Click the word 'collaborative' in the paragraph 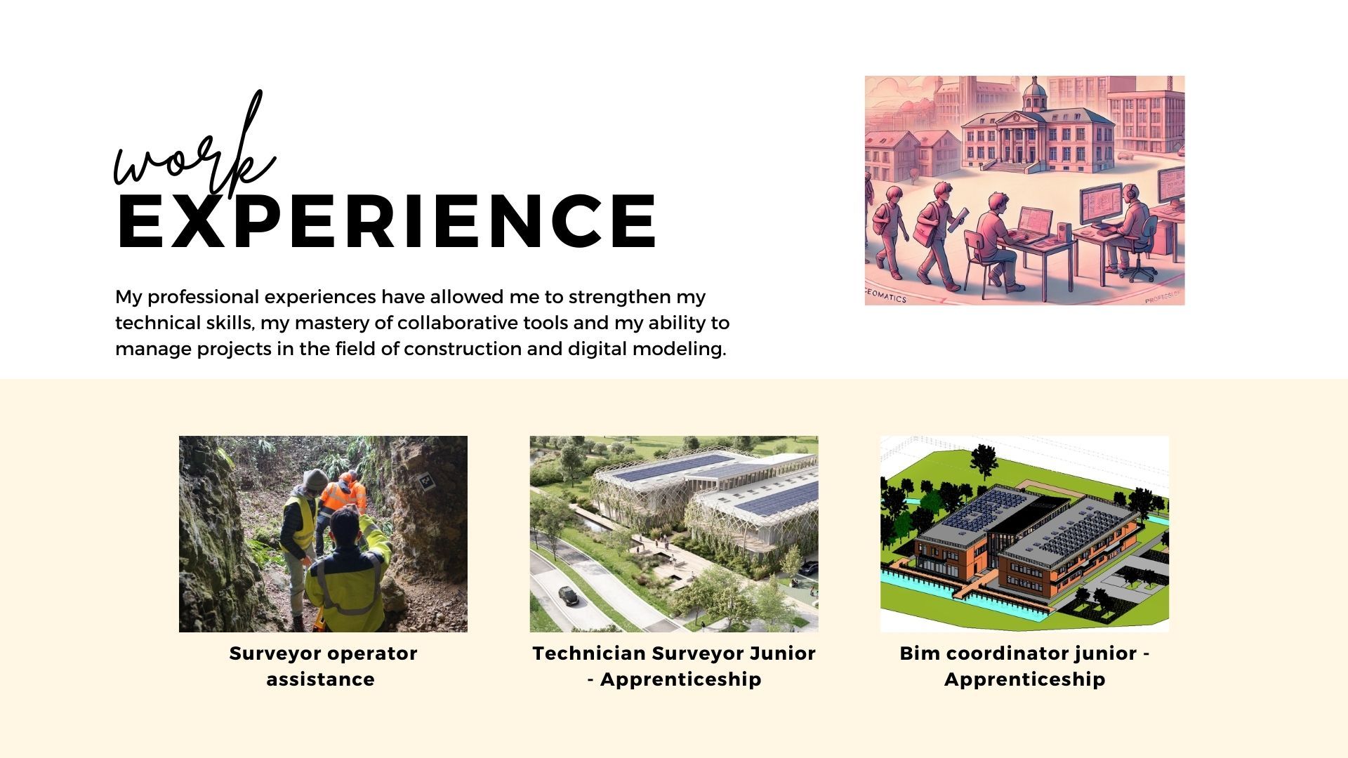pyautogui.click(x=460, y=323)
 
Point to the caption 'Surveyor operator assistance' pyautogui.click(x=323, y=666)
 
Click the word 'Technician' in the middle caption pyautogui.click(x=589, y=653)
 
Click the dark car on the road pyautogui.click(x=568, y=596)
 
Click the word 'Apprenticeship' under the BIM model pyautogui.click(x=1024, y=679)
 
